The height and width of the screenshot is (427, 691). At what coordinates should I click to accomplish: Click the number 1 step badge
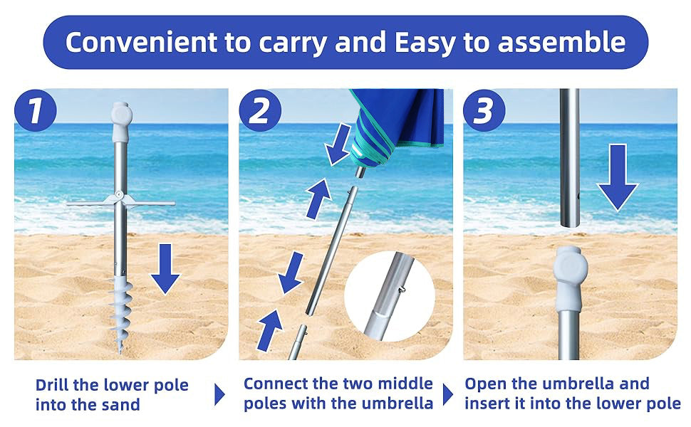36,110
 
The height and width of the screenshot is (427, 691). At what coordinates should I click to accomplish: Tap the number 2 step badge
261,110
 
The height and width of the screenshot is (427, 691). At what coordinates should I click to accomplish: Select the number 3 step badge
484,110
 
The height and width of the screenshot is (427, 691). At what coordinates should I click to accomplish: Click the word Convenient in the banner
141,42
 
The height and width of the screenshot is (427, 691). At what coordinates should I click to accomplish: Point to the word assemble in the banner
561,42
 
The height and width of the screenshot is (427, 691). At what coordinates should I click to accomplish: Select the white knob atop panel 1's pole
122,120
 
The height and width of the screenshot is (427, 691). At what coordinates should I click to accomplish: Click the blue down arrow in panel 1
165,268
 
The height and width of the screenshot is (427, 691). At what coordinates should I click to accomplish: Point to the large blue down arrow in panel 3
618,177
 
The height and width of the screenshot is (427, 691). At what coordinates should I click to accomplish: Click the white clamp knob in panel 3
570,278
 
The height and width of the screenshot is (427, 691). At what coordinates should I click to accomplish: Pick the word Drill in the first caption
52,385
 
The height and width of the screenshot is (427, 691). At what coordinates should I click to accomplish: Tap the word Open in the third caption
484,384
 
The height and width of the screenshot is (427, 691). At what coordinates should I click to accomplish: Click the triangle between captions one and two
219,394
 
